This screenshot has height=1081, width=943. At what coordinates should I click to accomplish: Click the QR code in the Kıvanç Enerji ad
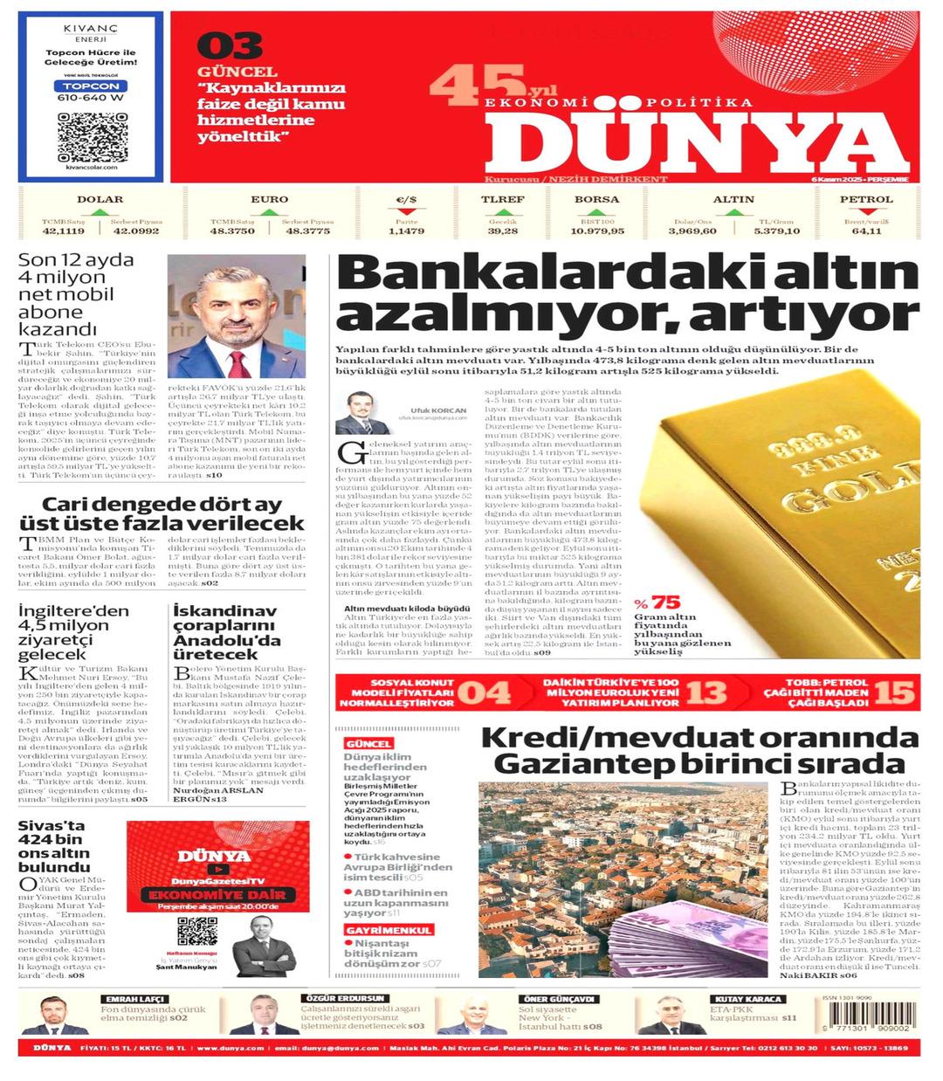tap(93, 136)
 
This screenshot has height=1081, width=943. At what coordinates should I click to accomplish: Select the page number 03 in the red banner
tap(229, 46)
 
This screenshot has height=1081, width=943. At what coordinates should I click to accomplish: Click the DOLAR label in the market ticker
tap(100, 199)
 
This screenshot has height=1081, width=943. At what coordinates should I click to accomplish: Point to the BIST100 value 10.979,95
tap(597, 231)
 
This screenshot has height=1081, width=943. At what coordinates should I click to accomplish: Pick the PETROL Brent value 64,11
tap(866, 231)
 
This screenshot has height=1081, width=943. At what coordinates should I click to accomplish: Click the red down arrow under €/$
tap(406, 211)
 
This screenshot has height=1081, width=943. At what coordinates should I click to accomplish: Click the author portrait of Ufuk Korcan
tap(362, 413)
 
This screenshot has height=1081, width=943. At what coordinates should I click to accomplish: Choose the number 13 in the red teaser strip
tap(706, 693)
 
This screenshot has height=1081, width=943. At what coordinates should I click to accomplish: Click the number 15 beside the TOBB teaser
tap(894, 693)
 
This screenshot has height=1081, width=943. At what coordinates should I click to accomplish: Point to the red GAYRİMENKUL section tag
tap(375, 930)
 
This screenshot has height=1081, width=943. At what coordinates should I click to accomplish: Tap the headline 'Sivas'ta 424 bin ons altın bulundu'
tap(54, 846)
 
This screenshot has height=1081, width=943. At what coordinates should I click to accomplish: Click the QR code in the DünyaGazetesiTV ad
tap(196, 931)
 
